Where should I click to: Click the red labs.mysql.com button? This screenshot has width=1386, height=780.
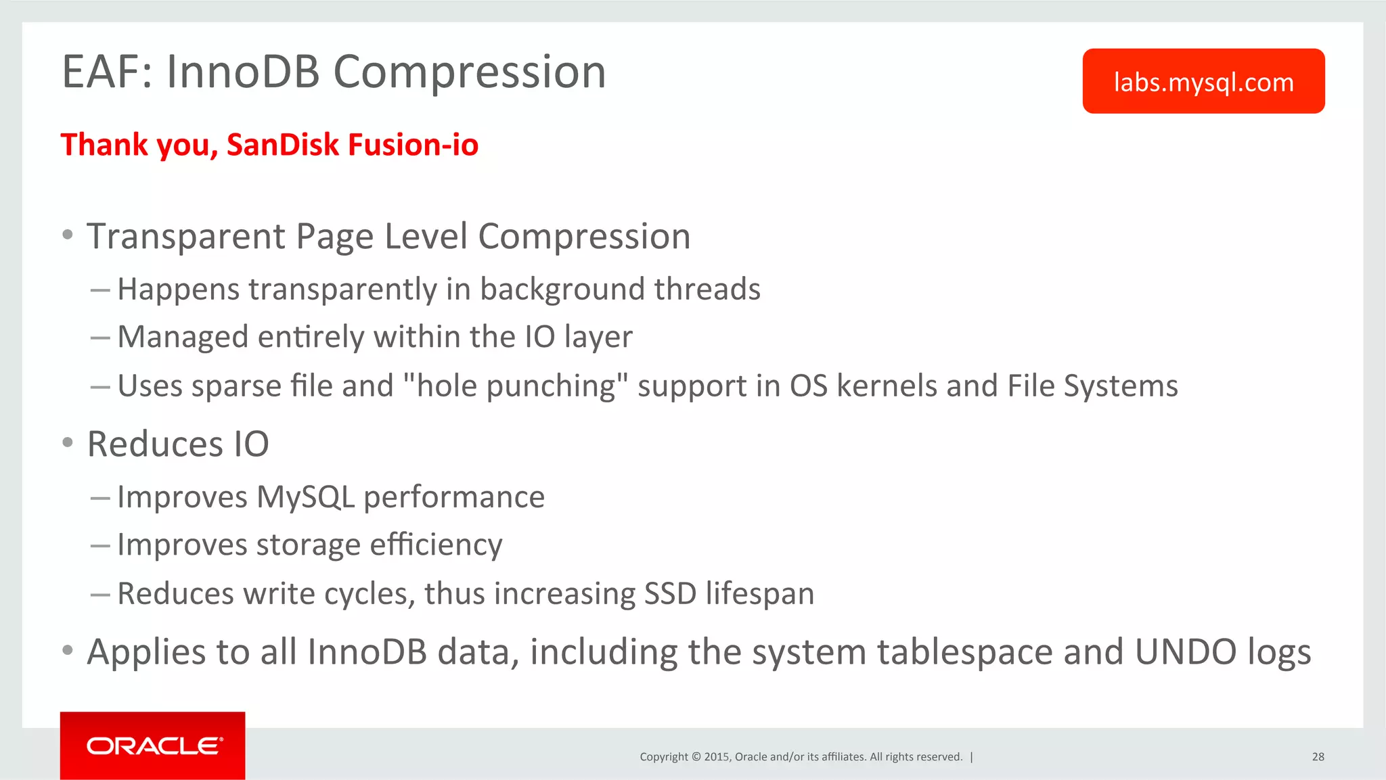(1203, 81)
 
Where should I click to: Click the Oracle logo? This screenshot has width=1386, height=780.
(153, 745)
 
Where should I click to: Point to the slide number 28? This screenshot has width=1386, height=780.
(1318, 757)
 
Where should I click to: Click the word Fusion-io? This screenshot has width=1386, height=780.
(413, 145)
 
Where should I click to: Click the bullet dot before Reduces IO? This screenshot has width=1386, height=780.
(67, 443)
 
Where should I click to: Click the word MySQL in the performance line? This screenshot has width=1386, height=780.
(305, 497)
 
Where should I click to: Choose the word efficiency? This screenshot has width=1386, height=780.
(436, 545)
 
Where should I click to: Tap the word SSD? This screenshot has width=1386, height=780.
(669, 594)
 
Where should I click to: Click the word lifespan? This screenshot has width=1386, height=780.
(759, 594)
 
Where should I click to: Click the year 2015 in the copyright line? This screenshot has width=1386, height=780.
(716, 757)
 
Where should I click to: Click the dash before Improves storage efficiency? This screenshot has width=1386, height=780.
(100, 545)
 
